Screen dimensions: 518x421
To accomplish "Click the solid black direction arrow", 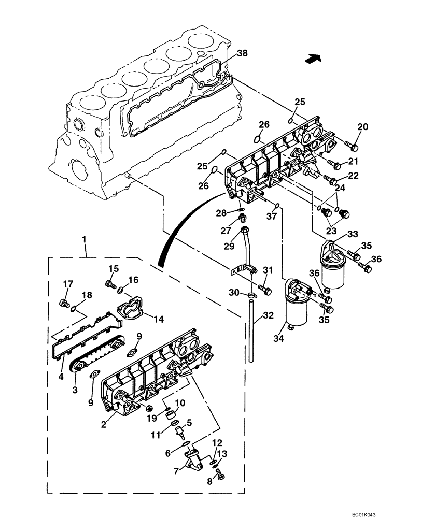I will (312, 59).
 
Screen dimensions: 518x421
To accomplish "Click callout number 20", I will (362, 126).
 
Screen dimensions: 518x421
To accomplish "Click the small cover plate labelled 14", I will (130, 308).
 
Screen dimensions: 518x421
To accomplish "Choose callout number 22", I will (353, 176).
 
